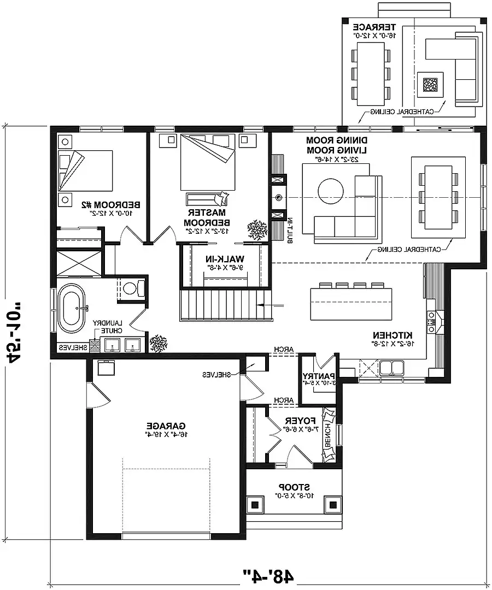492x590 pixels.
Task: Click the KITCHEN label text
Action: pos(393,335)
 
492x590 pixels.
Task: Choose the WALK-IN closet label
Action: pos(226,258)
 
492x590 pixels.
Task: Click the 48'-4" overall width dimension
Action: pos(269,575)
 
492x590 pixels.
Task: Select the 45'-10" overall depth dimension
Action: pos(16,328)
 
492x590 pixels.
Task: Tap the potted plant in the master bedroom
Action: pos(256,229)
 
